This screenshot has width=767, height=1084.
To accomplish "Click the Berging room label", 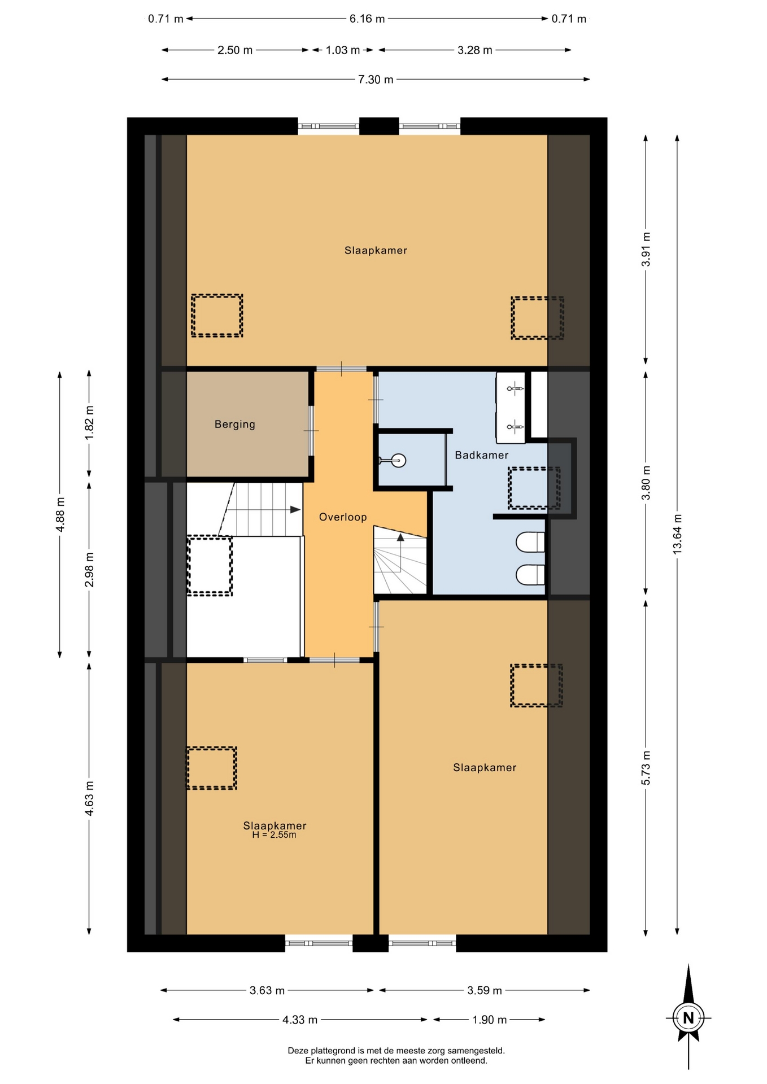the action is [x=235, y=425].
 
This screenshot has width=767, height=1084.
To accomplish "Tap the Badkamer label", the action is [x=482, y=455].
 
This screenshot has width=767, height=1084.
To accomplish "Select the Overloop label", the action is [x=343, y=517].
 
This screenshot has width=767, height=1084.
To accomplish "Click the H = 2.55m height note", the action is [x=274, y=835].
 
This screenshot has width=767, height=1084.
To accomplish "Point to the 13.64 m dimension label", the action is [x=677, y=534].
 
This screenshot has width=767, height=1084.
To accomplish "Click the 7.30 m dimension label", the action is [x=376, y=80].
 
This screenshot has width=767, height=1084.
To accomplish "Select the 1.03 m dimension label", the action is [x=343, y=50].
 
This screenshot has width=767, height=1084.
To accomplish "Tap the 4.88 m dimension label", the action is [x=60, y=514].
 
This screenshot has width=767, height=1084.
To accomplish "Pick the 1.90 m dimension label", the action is [x=489, y=1020].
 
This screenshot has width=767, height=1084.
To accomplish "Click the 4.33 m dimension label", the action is [x=300, y=1020].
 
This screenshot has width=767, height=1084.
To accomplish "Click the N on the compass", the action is [x=688, y=1018].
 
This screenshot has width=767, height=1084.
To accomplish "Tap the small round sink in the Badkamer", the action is [x=399, y=461].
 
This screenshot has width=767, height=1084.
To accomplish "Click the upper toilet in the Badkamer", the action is [x=530, y=542].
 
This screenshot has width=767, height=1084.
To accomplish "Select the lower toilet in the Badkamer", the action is [x=530, y=575].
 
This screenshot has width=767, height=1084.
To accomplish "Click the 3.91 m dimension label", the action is [x=646, y=249].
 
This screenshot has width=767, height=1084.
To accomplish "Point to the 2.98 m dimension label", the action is [x=89, y=570].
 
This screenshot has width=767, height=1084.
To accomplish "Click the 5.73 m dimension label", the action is [x=646, y=768].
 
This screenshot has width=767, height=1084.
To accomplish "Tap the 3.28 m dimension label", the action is [x=475, y=50].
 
